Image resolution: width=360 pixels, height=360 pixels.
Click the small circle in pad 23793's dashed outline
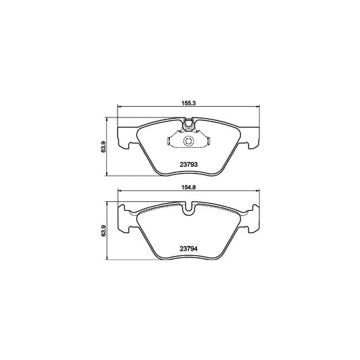tap(189, 140)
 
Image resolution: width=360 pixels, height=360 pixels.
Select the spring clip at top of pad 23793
tap(189, 123)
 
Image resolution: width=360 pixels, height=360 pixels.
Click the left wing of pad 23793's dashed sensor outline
tap(171, 141)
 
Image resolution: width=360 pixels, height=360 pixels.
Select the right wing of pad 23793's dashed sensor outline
tap(207, 141)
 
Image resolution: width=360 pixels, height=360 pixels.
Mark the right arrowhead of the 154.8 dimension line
tap(257, 192)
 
